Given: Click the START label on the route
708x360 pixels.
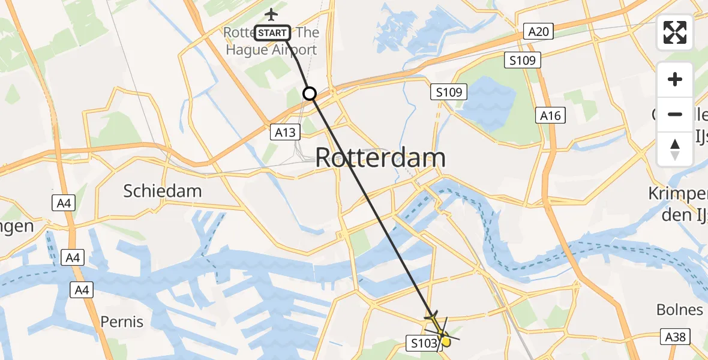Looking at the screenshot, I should coord(272,33).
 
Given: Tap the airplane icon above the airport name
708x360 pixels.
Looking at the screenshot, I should coord(272,14).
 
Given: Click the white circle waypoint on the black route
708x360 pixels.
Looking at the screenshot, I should coord(310,94).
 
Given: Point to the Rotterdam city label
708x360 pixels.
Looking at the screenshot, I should coord(380,158).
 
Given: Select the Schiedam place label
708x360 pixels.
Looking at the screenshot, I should coord(163,191).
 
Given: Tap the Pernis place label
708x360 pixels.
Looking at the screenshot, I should coord(122,322).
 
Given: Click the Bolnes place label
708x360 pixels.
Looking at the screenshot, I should coord(679,310).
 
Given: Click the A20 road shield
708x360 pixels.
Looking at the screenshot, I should coord(538,32).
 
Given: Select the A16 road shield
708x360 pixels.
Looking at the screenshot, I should coord(550,115).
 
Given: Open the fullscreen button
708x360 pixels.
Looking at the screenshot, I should coord(675,32).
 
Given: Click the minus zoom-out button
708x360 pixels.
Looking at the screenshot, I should coord(675,114).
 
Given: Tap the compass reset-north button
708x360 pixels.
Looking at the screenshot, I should coord(675,149).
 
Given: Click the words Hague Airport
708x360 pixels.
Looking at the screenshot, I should coord(271,50).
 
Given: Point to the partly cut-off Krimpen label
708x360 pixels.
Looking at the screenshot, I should coord(678,194).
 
